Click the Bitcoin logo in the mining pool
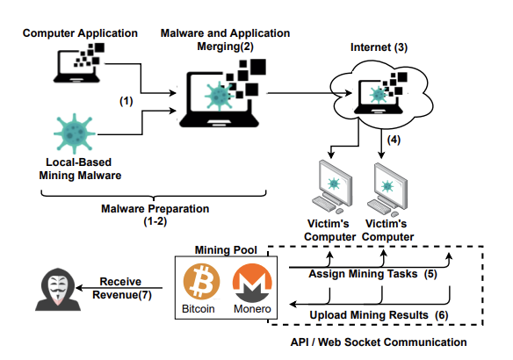[202, 284]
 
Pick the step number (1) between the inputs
[125, 101]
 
